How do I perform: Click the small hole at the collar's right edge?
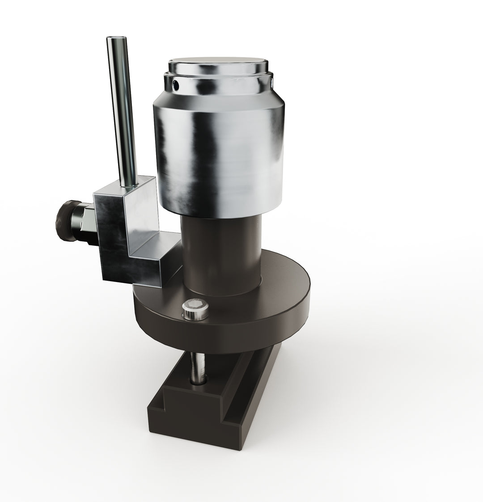pos(272,82)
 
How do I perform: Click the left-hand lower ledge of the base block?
pos(161,402)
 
